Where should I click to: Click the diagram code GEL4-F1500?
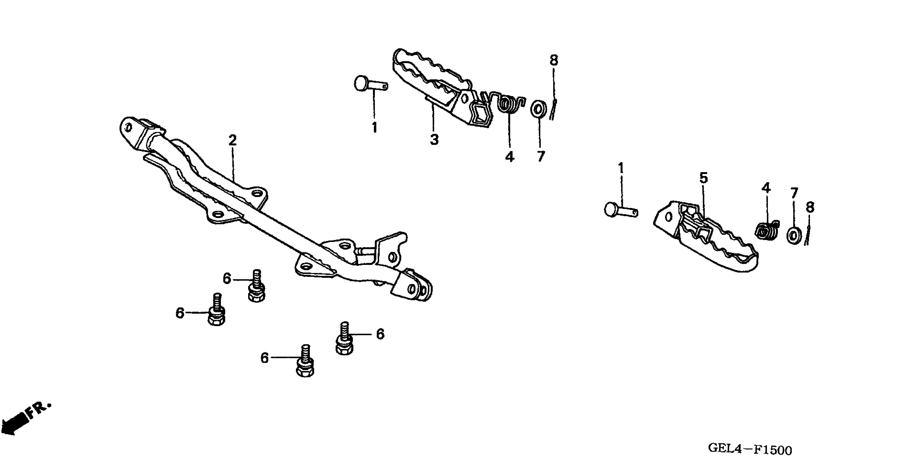[x=750, y=449]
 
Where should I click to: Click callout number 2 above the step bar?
[x=232, y=140]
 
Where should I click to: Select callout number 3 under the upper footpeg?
[x=434, y=140]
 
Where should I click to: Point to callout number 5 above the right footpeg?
[x=703, y=177]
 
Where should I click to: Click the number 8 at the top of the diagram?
[x=553, y=60]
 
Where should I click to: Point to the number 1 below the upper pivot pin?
[x=374, y=127]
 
